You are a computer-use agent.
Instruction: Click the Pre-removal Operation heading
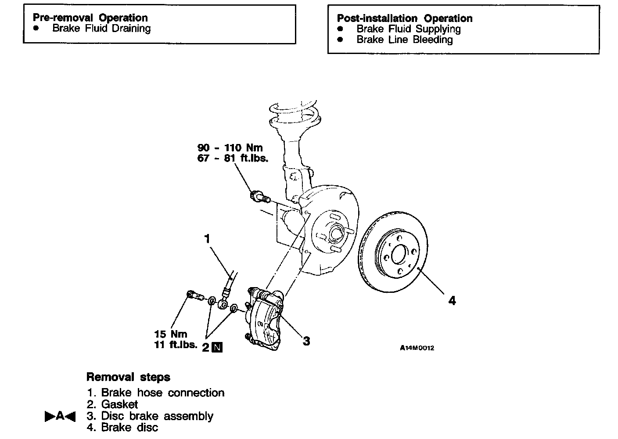point(90,18)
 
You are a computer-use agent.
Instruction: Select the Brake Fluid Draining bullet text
point(101,29)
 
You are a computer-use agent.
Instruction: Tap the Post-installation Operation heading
point(404,18)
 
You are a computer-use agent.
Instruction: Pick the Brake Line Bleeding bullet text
point(404,40)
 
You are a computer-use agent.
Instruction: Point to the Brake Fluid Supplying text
point(408,29)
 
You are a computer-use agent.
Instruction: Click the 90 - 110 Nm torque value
point(230,148)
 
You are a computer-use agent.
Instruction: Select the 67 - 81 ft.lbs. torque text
point(233,158)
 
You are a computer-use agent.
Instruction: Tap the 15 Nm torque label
point(171,334)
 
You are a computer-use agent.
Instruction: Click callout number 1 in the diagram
point(207,239)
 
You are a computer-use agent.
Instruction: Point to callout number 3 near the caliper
point(306,341)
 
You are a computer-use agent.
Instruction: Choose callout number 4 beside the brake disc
point(452,301)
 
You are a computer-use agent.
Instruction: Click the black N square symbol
point(217,347)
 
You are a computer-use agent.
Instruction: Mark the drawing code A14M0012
point(417,348)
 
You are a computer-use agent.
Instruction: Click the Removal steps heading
point(128,377)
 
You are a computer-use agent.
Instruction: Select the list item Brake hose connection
point(162,392)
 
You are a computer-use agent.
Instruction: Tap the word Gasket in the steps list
point(119,404)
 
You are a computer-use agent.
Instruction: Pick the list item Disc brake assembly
point(157,416)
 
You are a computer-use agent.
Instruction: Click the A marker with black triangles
point(60,416)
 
